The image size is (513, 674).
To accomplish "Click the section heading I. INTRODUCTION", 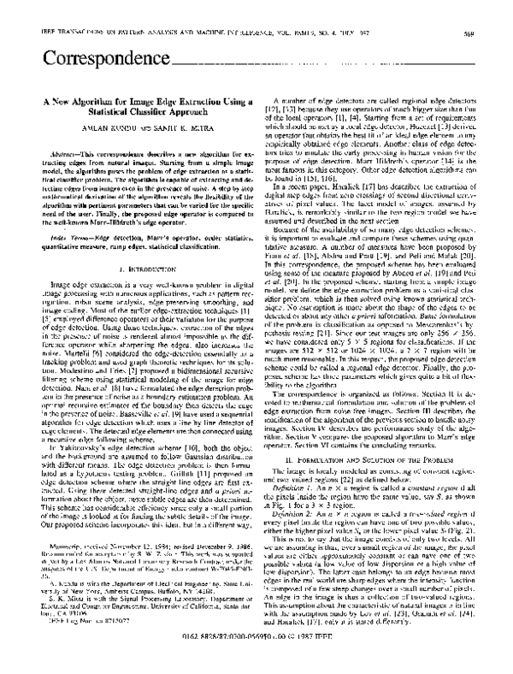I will (136, 315).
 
